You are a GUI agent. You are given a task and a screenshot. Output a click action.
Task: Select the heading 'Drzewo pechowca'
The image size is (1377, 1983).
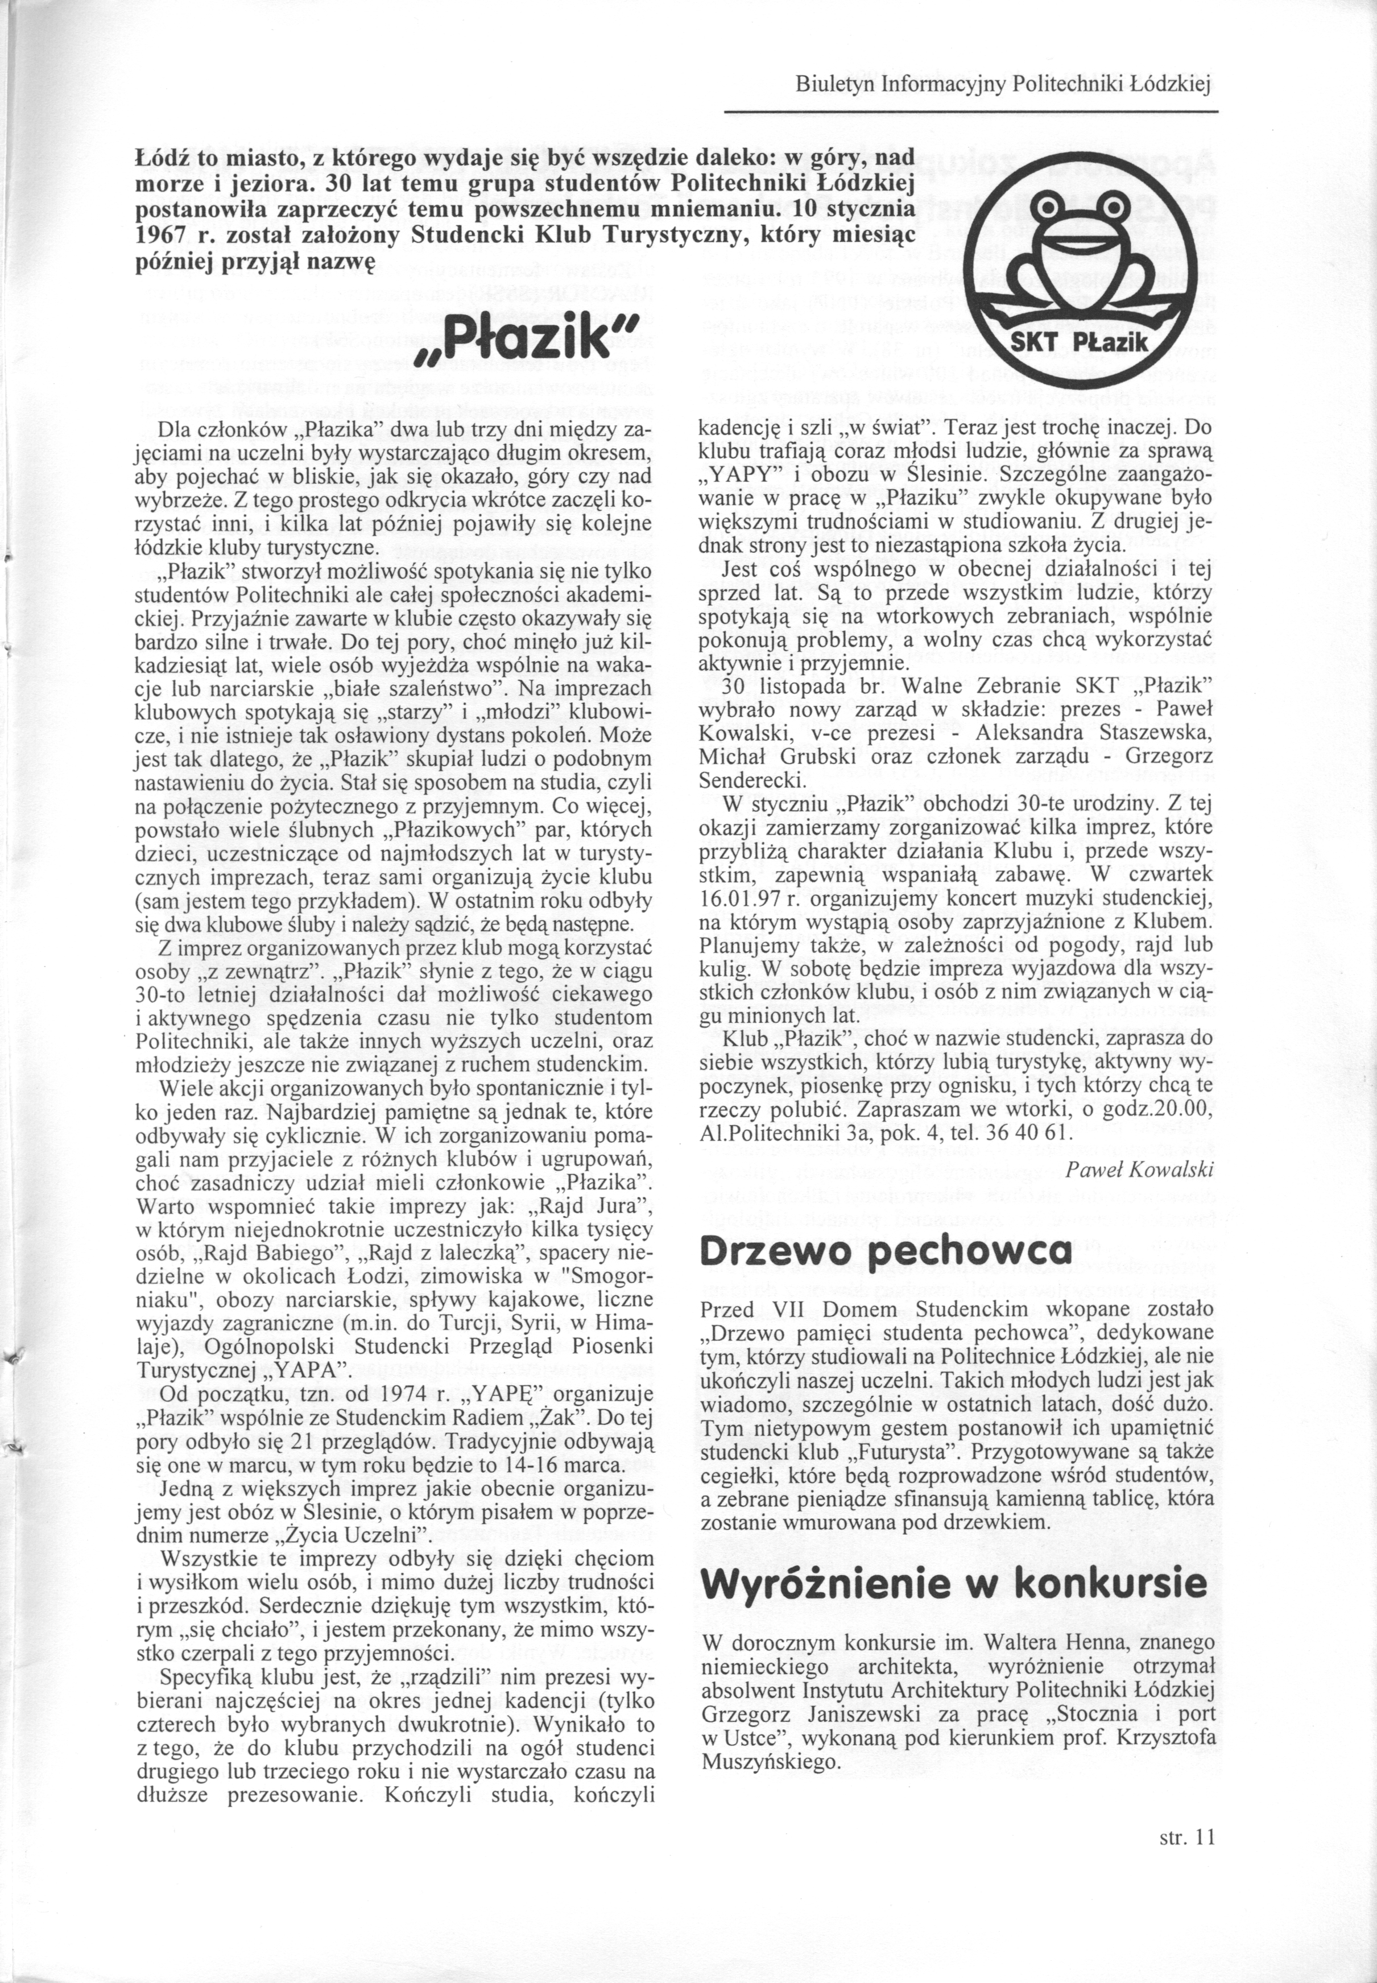pyautogui.click(x=886, y=1250)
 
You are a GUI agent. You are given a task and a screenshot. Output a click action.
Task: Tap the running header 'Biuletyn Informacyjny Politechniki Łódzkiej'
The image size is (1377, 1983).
pyautogui.click(x=1004, y=85)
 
